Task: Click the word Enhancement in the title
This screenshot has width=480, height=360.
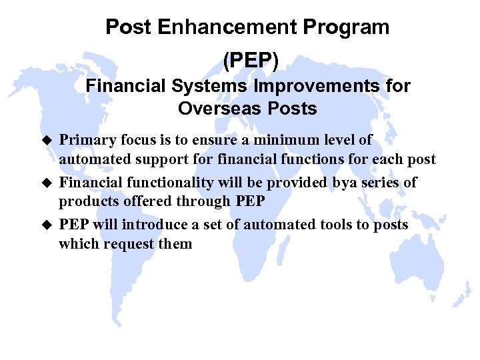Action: [x=229, y=28]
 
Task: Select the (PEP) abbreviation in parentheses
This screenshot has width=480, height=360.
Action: [x=248, y=61]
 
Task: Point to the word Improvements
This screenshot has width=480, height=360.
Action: [x=313, y=86]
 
